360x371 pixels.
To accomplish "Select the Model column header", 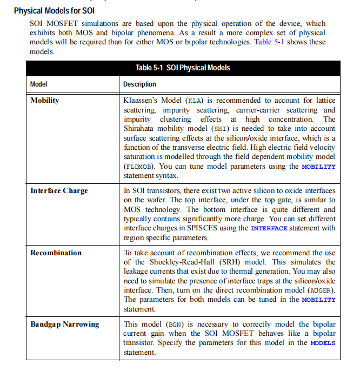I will point(38,84).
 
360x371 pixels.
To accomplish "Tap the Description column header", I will point(139,84).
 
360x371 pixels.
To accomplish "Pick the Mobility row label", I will point(45,101).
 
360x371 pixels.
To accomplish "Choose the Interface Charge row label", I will point(59,191).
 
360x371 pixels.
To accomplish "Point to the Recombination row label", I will point(56,253).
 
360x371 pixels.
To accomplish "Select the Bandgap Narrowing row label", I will point(65,324).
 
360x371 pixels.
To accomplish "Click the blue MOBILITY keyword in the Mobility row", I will point(318,167).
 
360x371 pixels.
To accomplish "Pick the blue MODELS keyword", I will point(323,343).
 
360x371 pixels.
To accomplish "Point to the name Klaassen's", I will point(142,101).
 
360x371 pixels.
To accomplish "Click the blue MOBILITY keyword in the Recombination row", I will point(318,300).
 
